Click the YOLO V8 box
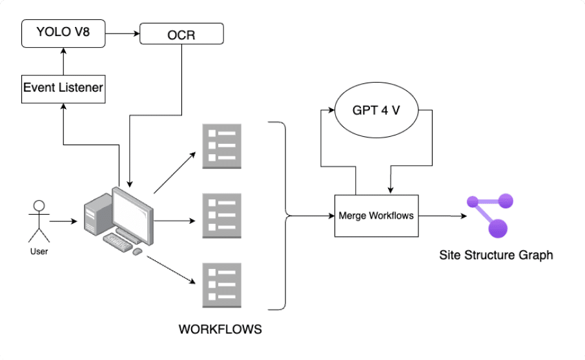pyautogui.click(x=63, y=33)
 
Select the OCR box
pyautogui.click(x=181, y=34)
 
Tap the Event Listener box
pyautogui.click(x=63, y=87)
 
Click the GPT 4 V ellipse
pyautogui.click(x=376, y=110)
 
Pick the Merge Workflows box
pyautogui.click(x=376, y=215)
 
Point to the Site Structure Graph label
pyautogui.click(x=496, y=255)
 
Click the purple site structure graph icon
pyautogui.click(x=491, y=214)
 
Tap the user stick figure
pyautogui.click(x=39, y=220)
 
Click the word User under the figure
pyautogui.click(x=39, y=251)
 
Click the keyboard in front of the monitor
pyautogui.click(x=118, y=242)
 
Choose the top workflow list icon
pyautogui.click(x=222, y=146)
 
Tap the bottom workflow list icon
pyautogui.click(x=222, y=284)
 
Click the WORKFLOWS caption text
pyautogui.click(x=220, y=329)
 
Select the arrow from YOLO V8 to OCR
pyautogui.click(x=122, y=33)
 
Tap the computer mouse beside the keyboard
pyautogui.click(x=137, y=251)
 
